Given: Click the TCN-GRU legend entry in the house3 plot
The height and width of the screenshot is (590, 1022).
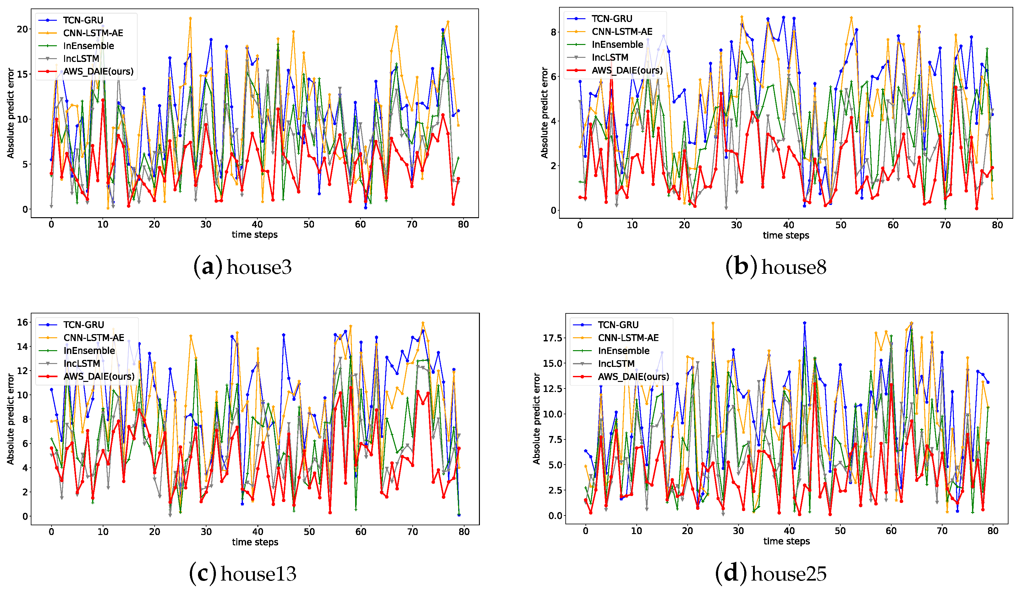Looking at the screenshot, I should tap(83, 20).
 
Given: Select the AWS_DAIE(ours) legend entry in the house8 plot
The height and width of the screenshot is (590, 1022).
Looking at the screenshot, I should tap(627, 70).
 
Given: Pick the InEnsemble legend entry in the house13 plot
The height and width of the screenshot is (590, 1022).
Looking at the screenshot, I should tap(89, 350).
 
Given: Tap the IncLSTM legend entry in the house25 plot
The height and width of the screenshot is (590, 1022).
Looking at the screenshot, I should tap(616, 363).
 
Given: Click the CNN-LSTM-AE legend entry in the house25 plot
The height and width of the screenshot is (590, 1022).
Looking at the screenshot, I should tap(628, 338).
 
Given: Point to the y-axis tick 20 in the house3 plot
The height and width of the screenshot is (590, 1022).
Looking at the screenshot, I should tap(22, 29).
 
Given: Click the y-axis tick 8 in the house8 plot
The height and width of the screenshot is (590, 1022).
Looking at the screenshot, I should tap(553, 32).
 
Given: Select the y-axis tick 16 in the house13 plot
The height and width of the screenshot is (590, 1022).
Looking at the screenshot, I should tap(22, 322).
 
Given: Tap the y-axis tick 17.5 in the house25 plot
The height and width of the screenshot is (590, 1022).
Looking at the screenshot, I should tap(552, 338).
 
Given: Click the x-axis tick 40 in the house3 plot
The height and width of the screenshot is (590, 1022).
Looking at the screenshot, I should tap(257, 224).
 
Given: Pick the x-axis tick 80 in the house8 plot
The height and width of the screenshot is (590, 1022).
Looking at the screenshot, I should tap(997, 225).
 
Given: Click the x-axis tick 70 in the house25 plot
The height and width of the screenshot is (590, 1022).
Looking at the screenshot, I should tap(942, 531).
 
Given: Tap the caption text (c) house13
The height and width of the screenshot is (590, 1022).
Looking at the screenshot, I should tap(242, 574).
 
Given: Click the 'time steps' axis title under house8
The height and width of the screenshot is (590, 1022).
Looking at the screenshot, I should tap(786, 235).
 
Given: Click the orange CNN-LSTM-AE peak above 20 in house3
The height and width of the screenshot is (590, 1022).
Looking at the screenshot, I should tap(190, 18).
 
